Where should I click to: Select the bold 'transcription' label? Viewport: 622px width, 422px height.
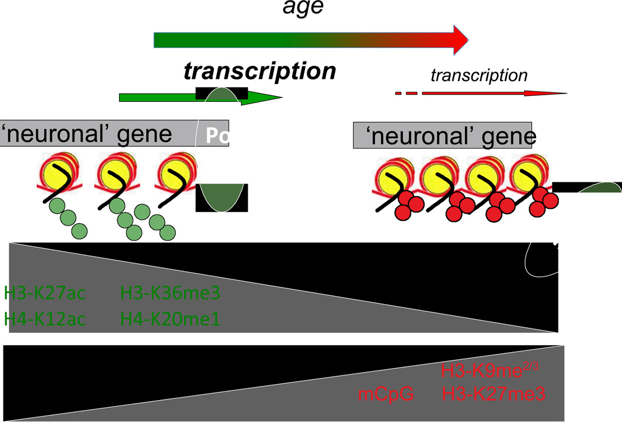[x=259, y=71]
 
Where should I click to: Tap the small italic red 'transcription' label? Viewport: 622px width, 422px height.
[x=479, y=75]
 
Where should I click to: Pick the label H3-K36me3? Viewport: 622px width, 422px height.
[x=171, y=293]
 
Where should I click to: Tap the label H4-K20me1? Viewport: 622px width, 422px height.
[x=171, y=320]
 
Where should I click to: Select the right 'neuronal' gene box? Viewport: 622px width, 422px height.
[x=442, y=137]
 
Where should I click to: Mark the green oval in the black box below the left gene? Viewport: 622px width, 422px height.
[x=222, y=198]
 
